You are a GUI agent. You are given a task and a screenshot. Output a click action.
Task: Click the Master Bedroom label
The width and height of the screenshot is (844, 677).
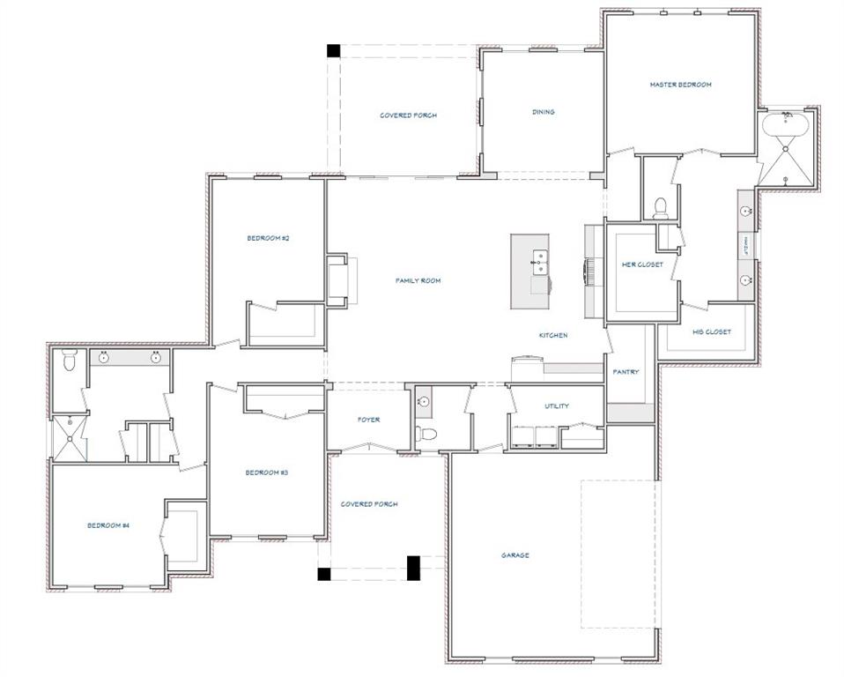point(680,85)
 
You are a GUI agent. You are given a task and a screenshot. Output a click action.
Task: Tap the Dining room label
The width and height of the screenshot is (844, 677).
point(543,112)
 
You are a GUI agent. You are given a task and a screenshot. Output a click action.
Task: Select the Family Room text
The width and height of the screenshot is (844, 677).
point(418,280)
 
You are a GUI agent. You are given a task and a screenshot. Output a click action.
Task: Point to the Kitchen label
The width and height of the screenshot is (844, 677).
point(553,335)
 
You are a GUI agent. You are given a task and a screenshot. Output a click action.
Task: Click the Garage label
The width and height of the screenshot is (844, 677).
point(515,555)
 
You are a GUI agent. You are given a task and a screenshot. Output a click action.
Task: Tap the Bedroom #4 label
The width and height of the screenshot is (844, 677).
point(108,525)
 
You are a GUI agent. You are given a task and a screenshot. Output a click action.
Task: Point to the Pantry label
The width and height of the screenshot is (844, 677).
point(626,372)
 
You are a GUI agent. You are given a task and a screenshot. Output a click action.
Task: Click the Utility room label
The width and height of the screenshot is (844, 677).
point(557,406)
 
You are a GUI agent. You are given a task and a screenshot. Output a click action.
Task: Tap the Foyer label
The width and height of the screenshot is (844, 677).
point(369,420)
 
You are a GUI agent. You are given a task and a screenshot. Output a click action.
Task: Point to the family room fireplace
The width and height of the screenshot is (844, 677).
point(337,280)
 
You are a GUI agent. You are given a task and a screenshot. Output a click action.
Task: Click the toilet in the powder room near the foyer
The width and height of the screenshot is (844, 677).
point(426,434)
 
